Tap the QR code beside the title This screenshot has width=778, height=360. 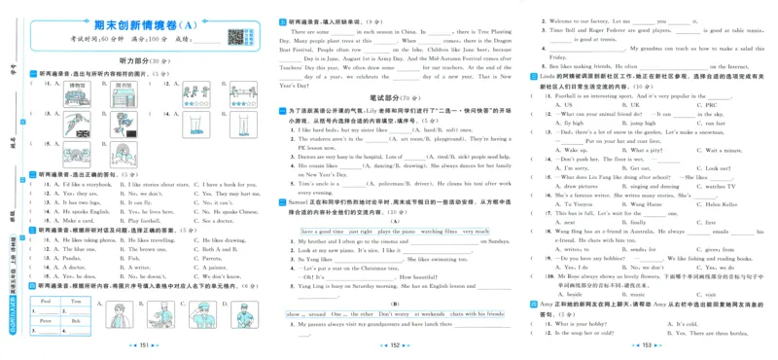(x=234, y=37)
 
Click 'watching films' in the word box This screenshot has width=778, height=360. (x=439, y=231)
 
